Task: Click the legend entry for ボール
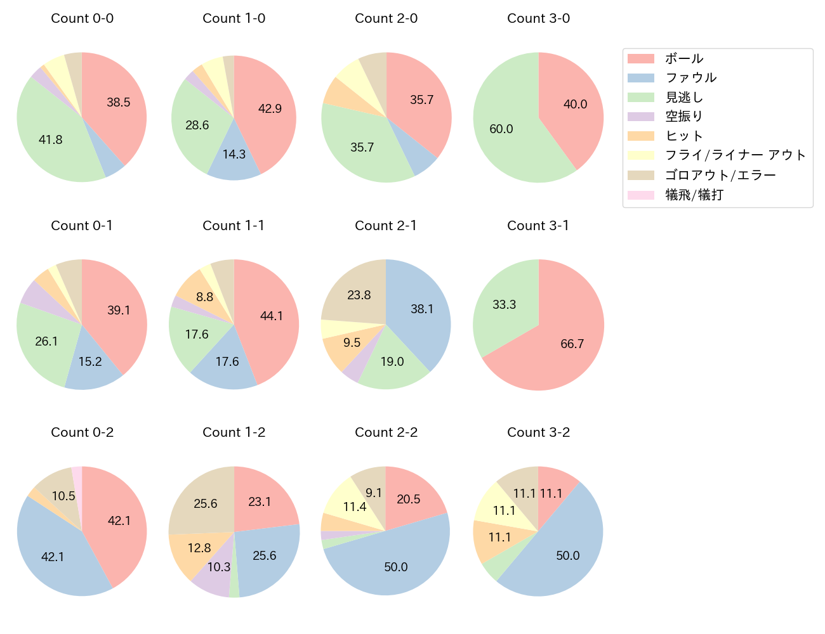(684, 58)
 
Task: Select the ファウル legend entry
(690, 78)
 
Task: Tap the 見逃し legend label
(684, 98)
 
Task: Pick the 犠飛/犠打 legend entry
(694, 195)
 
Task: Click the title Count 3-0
(538, 18)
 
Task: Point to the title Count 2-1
(386, 226)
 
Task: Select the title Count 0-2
(82, 432)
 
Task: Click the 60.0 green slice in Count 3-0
(501, 129)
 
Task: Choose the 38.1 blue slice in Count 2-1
(421, 309)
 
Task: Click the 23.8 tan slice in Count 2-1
(359, 295)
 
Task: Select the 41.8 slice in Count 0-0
(51, 139)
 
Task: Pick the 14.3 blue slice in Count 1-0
(234, 155)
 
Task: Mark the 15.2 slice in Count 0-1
(90, 361)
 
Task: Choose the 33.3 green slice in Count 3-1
(505, 305)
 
